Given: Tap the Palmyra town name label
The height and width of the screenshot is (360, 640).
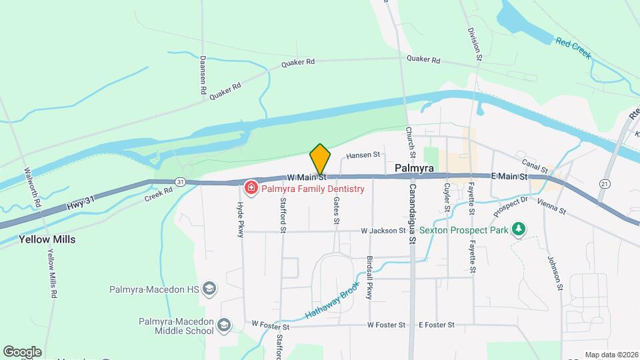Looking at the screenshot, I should (415, 169).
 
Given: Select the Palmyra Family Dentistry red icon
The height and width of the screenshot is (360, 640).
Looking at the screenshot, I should (251, 189).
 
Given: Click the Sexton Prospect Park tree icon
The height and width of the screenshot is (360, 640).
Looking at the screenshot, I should (519, 230).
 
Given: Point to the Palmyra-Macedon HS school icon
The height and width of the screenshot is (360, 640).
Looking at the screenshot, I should (209, 289).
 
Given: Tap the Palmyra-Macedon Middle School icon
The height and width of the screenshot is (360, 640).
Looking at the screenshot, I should (224, 325).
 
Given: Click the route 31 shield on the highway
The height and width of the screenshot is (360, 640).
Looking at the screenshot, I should (180, 181).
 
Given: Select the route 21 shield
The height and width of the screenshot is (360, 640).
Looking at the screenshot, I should (605, 183).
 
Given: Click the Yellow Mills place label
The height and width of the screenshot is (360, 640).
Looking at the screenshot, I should (47, 239).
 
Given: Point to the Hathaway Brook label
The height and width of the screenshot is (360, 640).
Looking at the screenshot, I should (333, 299).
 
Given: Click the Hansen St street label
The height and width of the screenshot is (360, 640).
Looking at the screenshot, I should (363, 155).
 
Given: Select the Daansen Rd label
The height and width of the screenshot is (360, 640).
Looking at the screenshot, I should (203, 74).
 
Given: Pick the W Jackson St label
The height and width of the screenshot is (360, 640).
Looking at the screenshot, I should (383, 231).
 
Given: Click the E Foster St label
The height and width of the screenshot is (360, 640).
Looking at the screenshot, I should (436, 325).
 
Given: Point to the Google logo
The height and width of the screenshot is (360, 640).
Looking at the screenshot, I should (22, 351).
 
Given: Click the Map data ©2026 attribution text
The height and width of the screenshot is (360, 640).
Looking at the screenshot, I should (611, 355).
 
